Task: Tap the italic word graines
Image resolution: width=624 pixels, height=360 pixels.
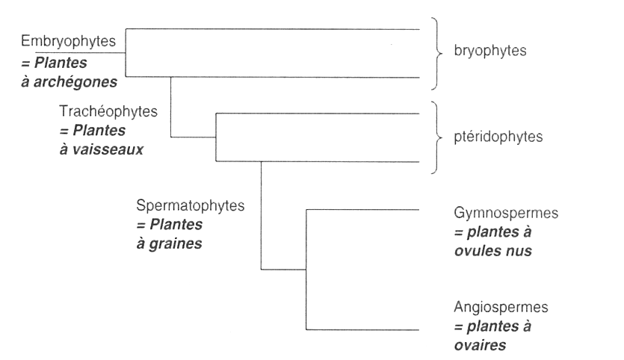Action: click(176, 243)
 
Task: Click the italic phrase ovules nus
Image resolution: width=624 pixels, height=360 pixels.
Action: click(492, 251)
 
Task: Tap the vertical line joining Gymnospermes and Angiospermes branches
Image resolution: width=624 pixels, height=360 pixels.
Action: click(306, 269)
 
